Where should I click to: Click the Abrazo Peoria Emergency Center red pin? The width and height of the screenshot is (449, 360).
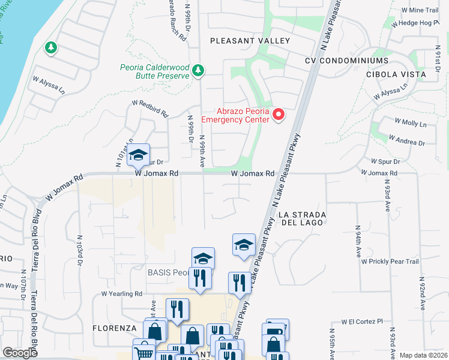click(279, 115)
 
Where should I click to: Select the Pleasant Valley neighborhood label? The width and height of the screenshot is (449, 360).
click(250, 41)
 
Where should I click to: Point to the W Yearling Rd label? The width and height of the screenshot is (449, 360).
click(121, 294)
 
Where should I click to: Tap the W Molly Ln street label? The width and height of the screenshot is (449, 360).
click(410, 123)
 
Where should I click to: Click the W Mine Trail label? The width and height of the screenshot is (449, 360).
click(419, 10)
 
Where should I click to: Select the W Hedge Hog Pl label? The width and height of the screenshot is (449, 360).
click(411, 23)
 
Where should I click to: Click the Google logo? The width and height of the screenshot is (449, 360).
click(20, 353)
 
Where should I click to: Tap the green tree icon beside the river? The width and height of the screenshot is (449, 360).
click(50, 47)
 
